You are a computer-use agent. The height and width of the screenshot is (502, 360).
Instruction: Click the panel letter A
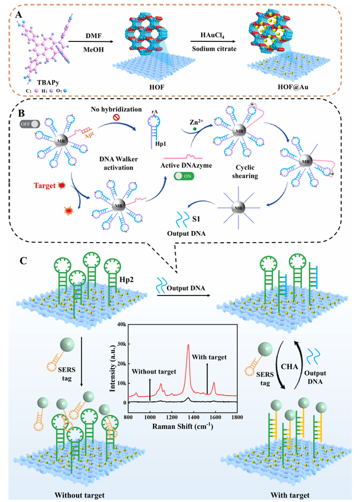click(x=19, y=15)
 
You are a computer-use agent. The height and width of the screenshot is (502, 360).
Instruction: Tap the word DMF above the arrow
click(x=92, y=36)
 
